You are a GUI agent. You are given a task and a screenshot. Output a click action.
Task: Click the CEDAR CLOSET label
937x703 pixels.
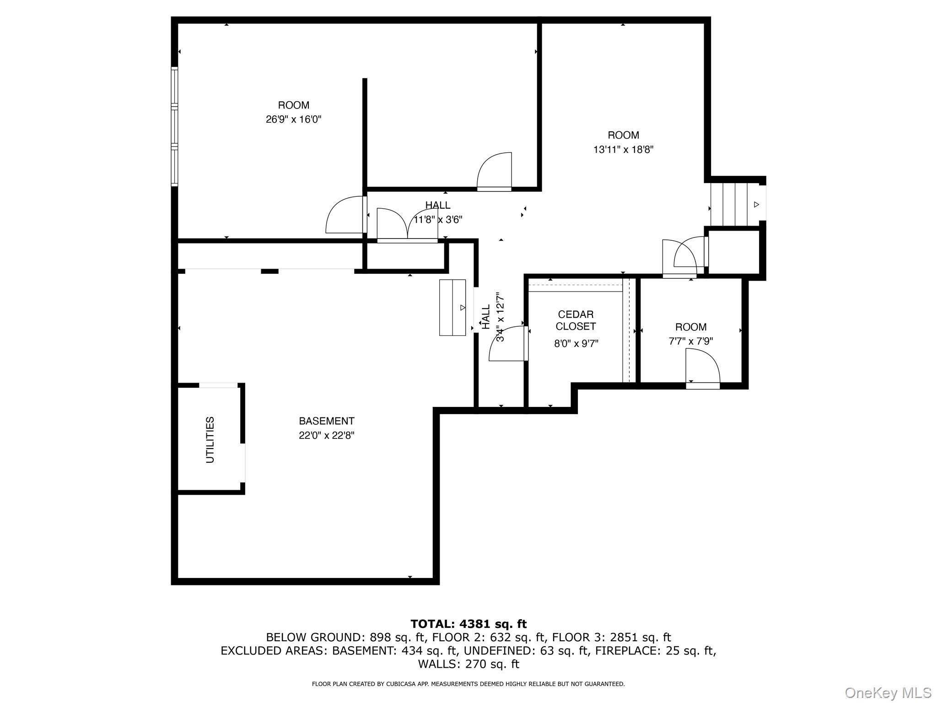point(576,320)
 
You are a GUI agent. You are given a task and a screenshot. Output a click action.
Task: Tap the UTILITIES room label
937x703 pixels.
point(210,440)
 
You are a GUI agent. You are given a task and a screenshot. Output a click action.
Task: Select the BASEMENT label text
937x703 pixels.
point(327,421)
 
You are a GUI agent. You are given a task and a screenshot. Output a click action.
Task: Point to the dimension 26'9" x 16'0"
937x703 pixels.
point(294,119)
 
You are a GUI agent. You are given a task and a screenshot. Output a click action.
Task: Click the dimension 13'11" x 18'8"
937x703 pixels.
point(623,149)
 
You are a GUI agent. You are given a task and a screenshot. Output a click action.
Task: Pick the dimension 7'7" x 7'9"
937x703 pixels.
point(691,341)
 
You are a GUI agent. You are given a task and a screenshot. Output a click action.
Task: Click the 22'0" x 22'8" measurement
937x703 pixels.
point(327,435)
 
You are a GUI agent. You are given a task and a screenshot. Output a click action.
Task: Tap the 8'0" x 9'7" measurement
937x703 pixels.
point(576,343)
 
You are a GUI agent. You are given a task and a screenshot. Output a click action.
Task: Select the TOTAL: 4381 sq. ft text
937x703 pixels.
point(468,624)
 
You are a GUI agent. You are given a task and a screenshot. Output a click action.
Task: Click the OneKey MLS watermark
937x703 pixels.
point(888,693)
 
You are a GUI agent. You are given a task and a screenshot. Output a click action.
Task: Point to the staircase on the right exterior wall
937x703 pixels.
point(734,204)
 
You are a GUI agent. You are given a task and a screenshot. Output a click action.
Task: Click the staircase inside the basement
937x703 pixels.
point(452,308)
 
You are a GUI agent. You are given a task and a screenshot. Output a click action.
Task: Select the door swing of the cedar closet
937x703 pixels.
point(508,343)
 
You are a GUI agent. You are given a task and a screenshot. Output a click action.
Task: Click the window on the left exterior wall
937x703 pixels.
point(174,126)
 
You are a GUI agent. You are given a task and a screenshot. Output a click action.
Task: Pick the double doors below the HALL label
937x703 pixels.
point(407,224)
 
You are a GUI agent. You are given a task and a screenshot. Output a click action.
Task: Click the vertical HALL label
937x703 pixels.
point(486,317)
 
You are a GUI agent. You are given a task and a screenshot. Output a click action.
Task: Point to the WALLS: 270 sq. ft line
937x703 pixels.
point(468,664)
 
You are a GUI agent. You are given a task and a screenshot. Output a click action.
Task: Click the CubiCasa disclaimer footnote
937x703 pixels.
point(468,684)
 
